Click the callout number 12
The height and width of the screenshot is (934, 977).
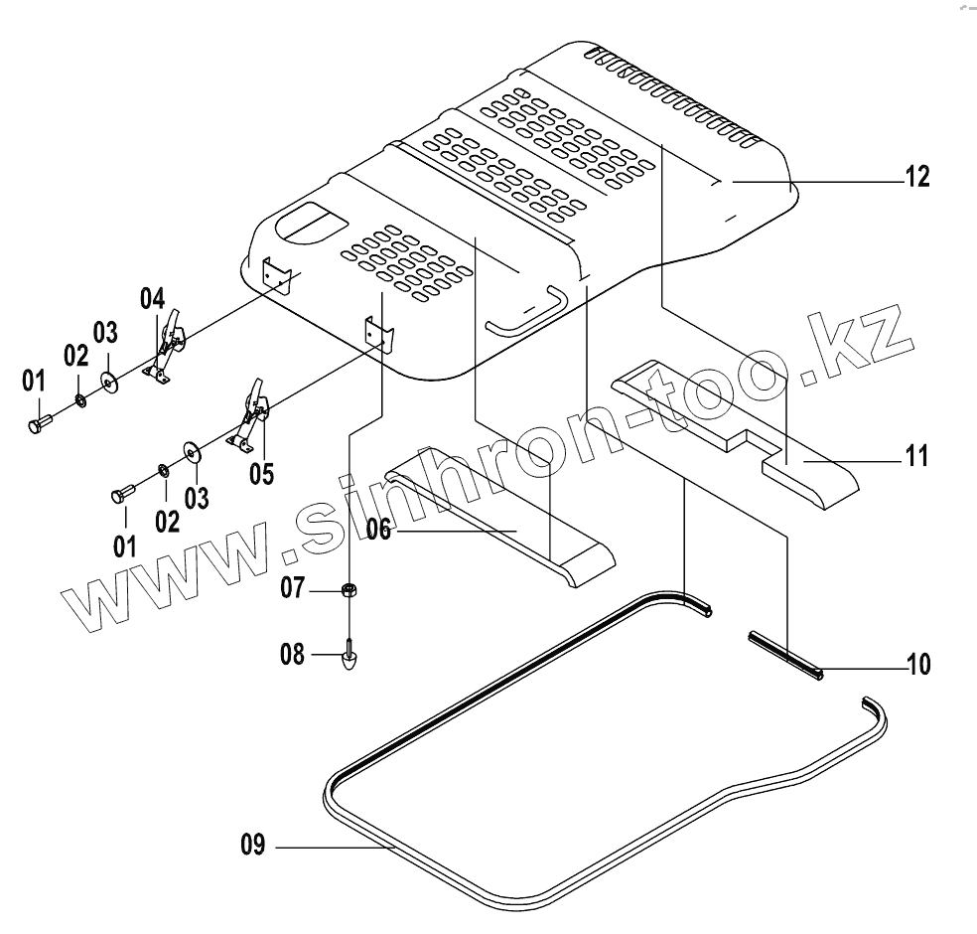coord(916,177)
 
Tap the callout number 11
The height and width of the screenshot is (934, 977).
coord(916,457)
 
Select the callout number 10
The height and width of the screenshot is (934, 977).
coord(917,664)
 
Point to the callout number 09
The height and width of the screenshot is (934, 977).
coord(252,847)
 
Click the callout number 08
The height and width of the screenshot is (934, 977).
coord(292,655)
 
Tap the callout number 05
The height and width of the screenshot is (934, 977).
coord(261,472)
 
